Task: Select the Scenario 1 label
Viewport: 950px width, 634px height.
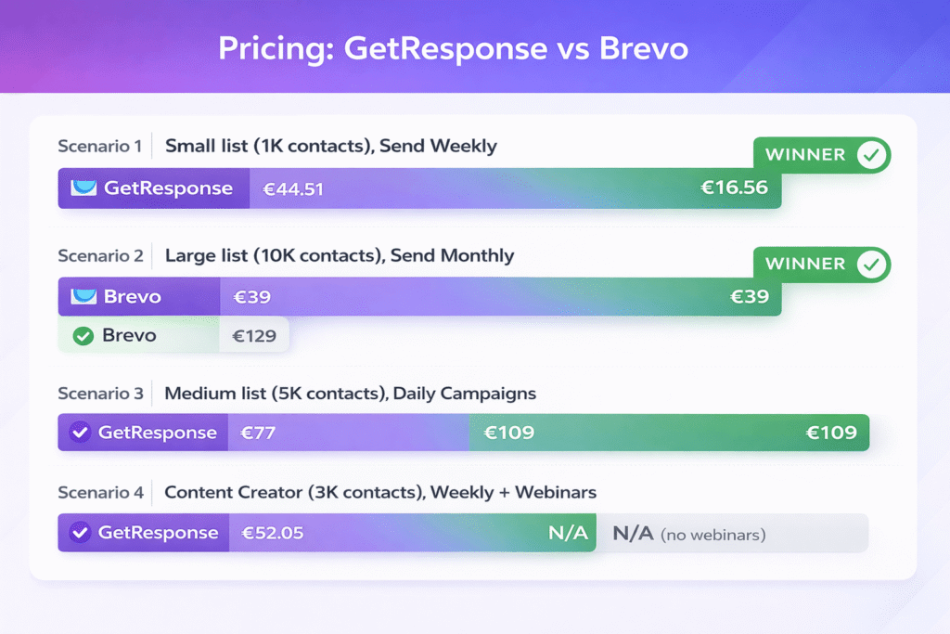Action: tap(100, 146)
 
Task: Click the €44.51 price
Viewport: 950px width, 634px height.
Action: tap(293, 189)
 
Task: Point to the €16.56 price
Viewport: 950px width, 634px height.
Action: tap(734, 188)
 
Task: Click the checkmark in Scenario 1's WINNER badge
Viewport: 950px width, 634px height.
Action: tap(870, 155)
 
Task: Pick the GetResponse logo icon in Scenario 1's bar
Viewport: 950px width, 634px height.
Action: tap(83, 188)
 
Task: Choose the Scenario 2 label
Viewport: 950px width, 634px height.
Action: tap(100, 255)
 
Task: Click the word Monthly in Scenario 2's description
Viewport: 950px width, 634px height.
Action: tap(477, 255)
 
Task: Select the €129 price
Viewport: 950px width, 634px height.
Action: tap(254, 336)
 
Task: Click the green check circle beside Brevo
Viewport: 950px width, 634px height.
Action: tap(83, 336)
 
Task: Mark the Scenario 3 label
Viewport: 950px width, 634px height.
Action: tap(100, 394)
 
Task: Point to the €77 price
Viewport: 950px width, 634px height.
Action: tap(260, 433)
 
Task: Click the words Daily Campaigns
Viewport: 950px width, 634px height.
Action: tap(465, 394)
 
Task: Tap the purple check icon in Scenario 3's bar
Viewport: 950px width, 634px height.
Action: tap(80, 433)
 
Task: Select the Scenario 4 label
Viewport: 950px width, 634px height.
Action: tap(100, 492)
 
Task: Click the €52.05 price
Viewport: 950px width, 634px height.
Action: tap(273, 534)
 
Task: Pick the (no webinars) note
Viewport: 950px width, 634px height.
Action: tap(712, 535)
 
